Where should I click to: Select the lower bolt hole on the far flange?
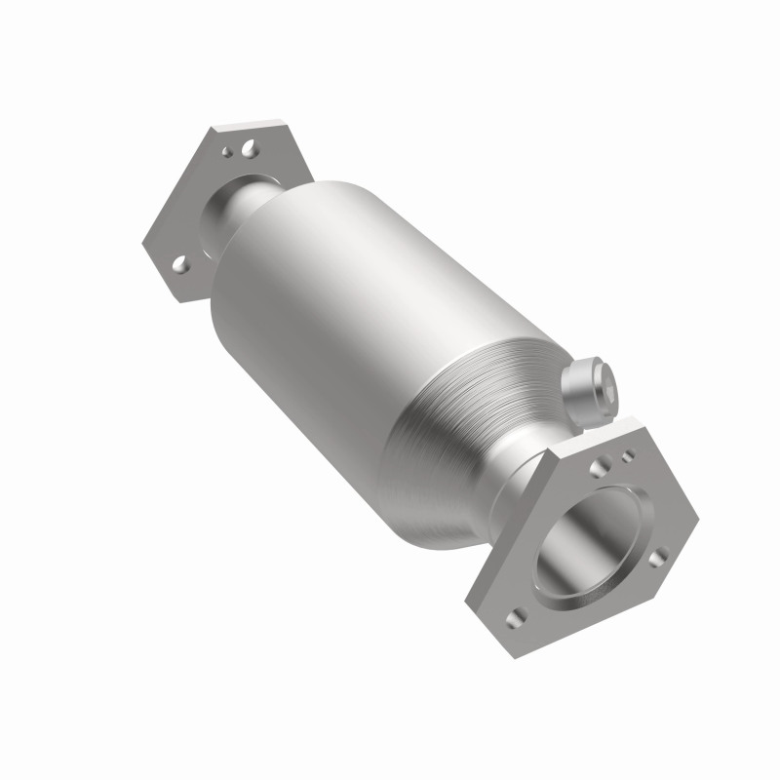[x=182, y=263]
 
